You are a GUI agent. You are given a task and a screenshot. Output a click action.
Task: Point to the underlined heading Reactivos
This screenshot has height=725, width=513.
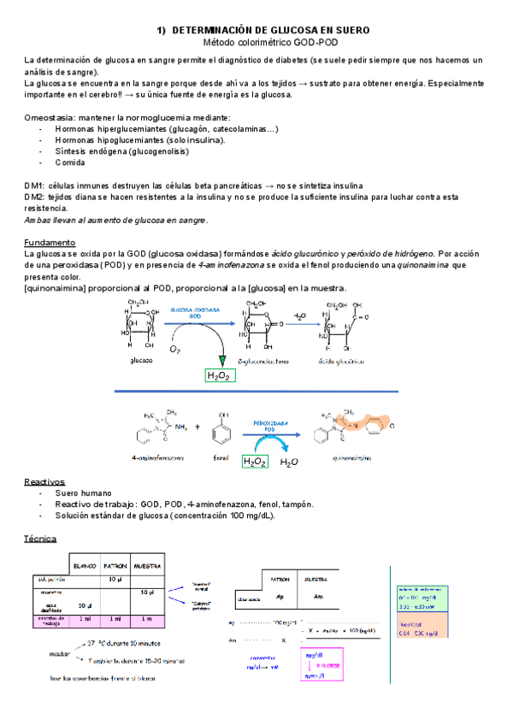click(44, 481)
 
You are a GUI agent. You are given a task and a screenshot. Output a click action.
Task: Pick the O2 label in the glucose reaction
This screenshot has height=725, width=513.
click(175, 349)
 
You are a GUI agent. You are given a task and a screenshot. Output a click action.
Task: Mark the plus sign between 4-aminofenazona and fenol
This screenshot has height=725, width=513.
click(197, 426)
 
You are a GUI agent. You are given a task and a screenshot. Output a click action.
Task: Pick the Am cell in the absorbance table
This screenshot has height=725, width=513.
click(319, 597)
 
